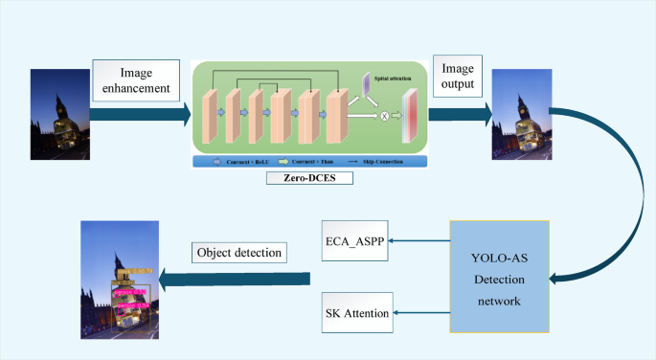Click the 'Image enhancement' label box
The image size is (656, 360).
pyautogui.click(x=135, y=80)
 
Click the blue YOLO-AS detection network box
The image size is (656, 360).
pyautogui.click(x=498, y=277)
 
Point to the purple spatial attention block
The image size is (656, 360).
pyautogui.click(x=368, y=85)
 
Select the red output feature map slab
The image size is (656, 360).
pyautogui.click(x=411, y=116)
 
